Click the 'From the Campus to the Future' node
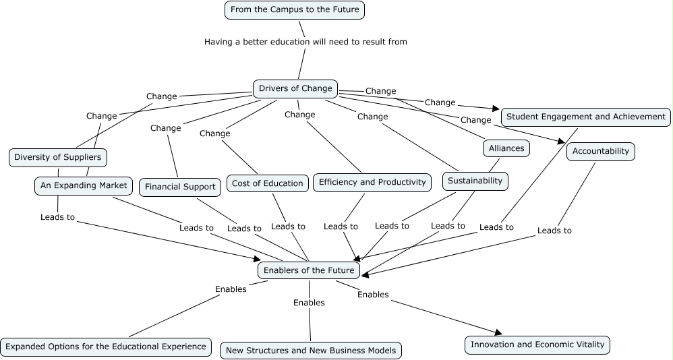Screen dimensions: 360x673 295,10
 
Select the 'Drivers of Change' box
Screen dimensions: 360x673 295,88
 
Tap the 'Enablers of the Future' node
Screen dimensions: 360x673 309,270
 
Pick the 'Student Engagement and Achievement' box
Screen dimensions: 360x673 585,117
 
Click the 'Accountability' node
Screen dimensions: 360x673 600,151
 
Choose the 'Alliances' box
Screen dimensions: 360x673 506,148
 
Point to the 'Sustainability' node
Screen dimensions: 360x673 475,181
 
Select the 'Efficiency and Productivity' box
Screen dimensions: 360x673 372,182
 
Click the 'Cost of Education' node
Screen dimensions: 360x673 267,183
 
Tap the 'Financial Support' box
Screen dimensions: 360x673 180,187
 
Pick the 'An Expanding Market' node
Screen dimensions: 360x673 84,185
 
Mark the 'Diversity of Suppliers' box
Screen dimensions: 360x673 58,158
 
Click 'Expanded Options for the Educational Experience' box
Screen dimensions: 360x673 105,347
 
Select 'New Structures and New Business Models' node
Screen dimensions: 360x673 311,350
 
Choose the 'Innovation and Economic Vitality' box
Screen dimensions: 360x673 537,344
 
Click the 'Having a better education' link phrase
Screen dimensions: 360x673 305,42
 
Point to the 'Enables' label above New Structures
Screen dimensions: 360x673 309,303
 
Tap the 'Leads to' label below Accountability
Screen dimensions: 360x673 554,231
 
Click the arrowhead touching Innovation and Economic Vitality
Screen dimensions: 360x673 499,332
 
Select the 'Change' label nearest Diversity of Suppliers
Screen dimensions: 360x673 102,116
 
